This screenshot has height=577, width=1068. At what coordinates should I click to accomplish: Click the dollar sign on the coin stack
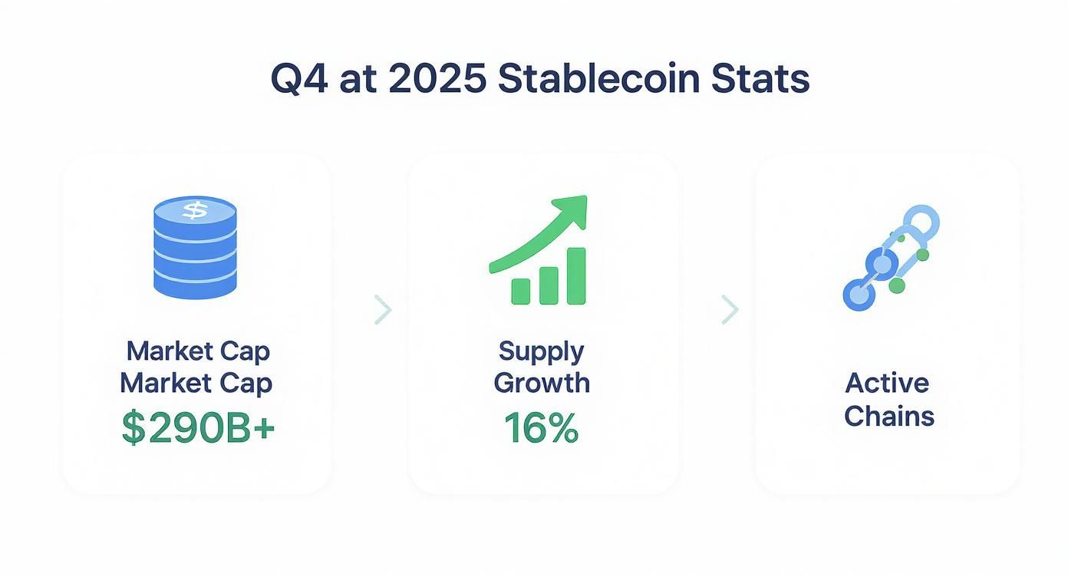click(x=195, y=209)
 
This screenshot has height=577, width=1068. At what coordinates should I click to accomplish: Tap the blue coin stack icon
click(x=195, y=247)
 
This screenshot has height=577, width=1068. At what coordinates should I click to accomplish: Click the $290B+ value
click(x=198, y=429)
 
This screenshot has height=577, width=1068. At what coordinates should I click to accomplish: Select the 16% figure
click(x=541, y=429)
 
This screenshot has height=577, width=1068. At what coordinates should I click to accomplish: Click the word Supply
click(x=541, y=351)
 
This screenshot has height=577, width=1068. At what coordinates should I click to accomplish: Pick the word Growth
click(x=541, y=383)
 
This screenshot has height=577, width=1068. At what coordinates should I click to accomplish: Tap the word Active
click(x=888, y=383)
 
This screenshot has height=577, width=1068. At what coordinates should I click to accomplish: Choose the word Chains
click(x=888, y=416)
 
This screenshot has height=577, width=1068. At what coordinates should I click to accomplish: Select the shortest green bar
click(x=520, y=291)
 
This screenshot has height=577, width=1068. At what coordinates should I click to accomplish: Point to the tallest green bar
click(x=575, y=275)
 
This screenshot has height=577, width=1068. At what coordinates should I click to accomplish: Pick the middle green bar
click(x=548, y=285)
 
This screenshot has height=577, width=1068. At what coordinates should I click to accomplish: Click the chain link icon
click(x=890, y=258)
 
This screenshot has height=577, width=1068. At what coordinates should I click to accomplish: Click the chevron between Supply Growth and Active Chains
click(x=730, y=309)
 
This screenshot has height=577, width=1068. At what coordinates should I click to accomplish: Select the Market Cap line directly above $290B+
click(x=196, y=383)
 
